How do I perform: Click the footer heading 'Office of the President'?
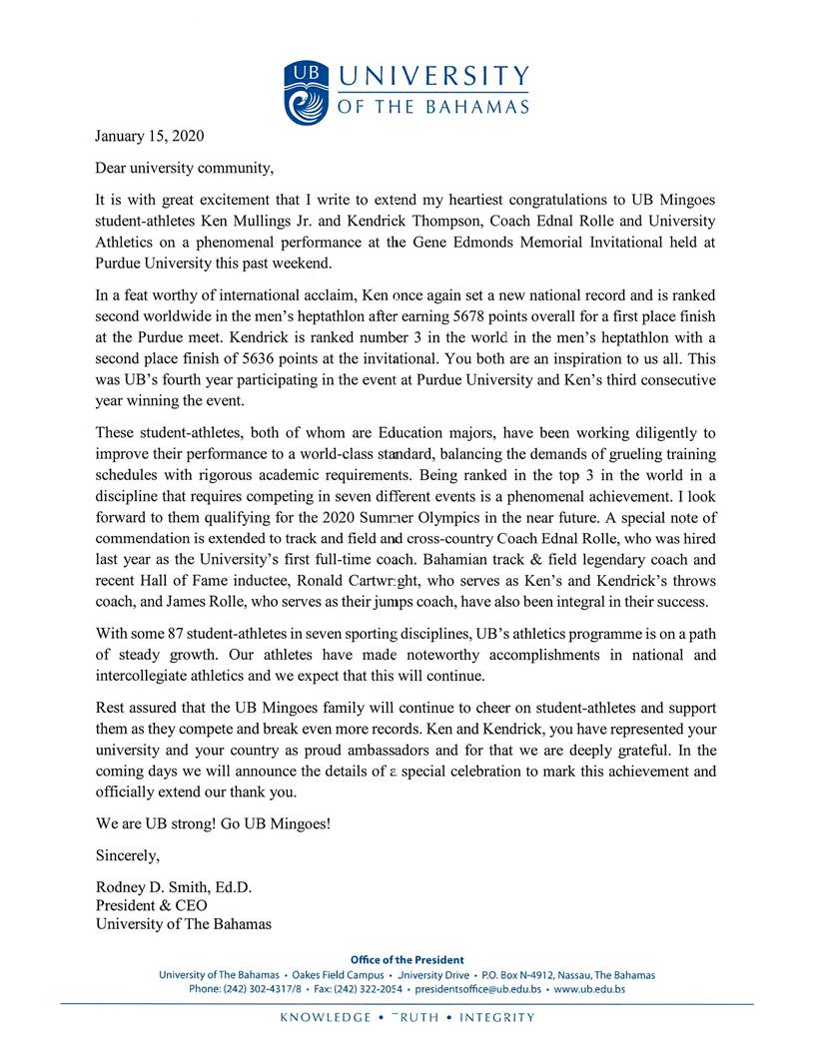pos(407,960)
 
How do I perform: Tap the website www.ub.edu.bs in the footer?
pos(589,989)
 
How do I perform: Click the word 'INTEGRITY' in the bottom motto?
pos(495,1018)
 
